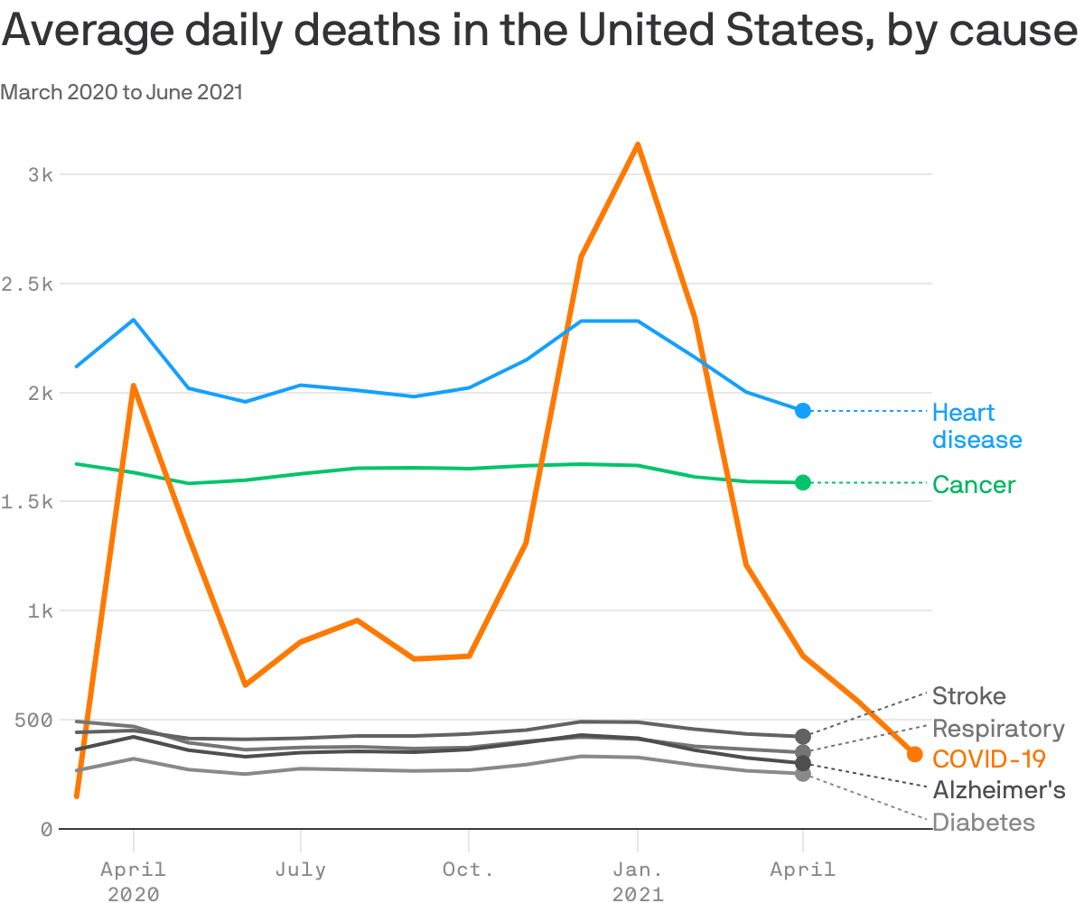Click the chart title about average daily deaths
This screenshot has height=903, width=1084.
pos(540,33)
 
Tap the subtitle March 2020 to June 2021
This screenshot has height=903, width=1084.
pos(122,92)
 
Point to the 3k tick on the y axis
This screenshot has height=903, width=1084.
pos(41,174)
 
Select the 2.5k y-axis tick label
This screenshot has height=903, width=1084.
pos(29,284)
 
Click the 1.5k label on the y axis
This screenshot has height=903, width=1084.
pos(29,502)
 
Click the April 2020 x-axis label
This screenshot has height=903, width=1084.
pos(134,881)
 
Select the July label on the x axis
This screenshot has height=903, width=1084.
pos(300,870)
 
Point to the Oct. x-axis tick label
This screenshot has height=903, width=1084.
pos(468,870)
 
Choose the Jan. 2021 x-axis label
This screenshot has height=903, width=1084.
pos(638,881)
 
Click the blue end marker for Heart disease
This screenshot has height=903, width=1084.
pos(803,411)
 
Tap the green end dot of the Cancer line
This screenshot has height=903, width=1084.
pos(803,483)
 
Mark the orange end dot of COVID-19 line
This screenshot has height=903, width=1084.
pos(914,754)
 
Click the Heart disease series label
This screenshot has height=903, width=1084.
pos(977,426)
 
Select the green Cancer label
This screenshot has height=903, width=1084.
pos(974,485)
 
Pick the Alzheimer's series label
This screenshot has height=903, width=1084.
pos(999,790)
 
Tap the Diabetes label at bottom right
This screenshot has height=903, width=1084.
pos(984,823)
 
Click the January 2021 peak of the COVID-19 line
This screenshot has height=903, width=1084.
pos(638,144)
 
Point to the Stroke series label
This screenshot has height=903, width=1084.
pos(968,696)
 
